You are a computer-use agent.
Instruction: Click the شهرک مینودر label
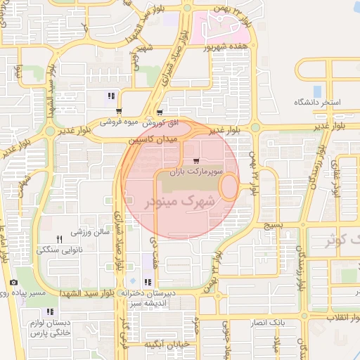[x=181, y=202]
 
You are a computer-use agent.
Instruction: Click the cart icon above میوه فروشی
[x=119, y=110]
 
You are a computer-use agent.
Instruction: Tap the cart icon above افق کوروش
[x=160, y=112]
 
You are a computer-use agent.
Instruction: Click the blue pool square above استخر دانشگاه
[x=317, y=91]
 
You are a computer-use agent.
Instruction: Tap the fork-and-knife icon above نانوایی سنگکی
[x=59, y=240]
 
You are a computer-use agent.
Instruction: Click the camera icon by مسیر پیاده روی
[x=13, y=283]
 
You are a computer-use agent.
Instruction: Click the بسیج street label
[x=272, y=226]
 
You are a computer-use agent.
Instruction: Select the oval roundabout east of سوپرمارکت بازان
[x=229, y=186]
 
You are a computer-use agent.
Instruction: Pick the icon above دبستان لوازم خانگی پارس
[x=49, y=311]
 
